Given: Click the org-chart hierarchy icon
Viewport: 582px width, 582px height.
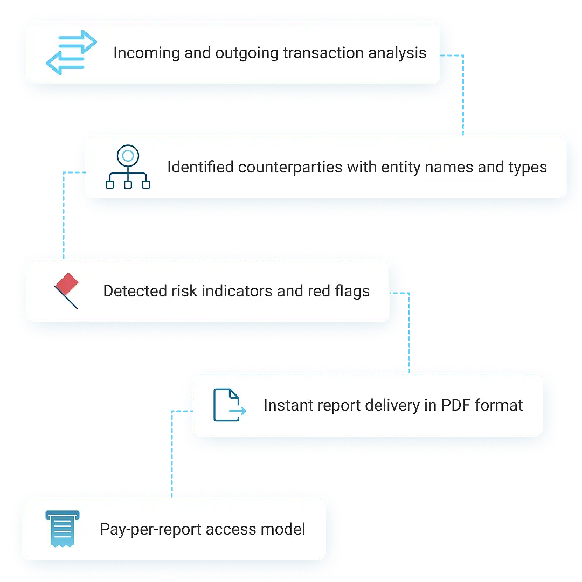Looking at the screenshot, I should (x=128, y=167).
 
